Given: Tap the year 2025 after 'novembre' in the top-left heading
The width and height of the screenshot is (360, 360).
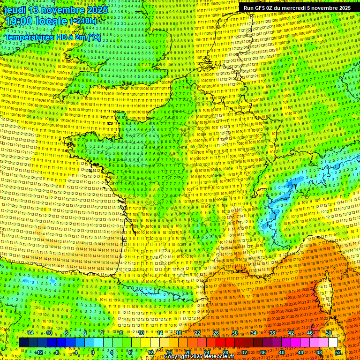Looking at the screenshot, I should (97, 10).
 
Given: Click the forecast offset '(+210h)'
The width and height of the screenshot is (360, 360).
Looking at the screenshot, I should (83, 21).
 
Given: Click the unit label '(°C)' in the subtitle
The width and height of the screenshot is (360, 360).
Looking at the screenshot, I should (92, 37).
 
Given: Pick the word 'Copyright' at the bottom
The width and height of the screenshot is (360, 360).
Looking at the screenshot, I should (179, 357).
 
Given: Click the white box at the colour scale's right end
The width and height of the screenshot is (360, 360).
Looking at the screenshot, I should (333, 343).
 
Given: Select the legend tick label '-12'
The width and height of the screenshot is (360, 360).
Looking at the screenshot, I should (39, 352).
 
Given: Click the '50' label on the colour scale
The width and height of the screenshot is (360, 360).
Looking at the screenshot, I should (329, 333).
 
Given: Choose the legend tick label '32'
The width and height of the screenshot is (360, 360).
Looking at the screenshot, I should (244, 352).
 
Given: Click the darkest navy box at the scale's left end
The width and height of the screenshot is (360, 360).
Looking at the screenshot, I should (23, 343).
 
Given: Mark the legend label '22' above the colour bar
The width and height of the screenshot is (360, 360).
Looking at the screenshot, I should (197, 333).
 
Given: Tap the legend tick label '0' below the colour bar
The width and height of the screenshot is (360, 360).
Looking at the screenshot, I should (93, 352).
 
